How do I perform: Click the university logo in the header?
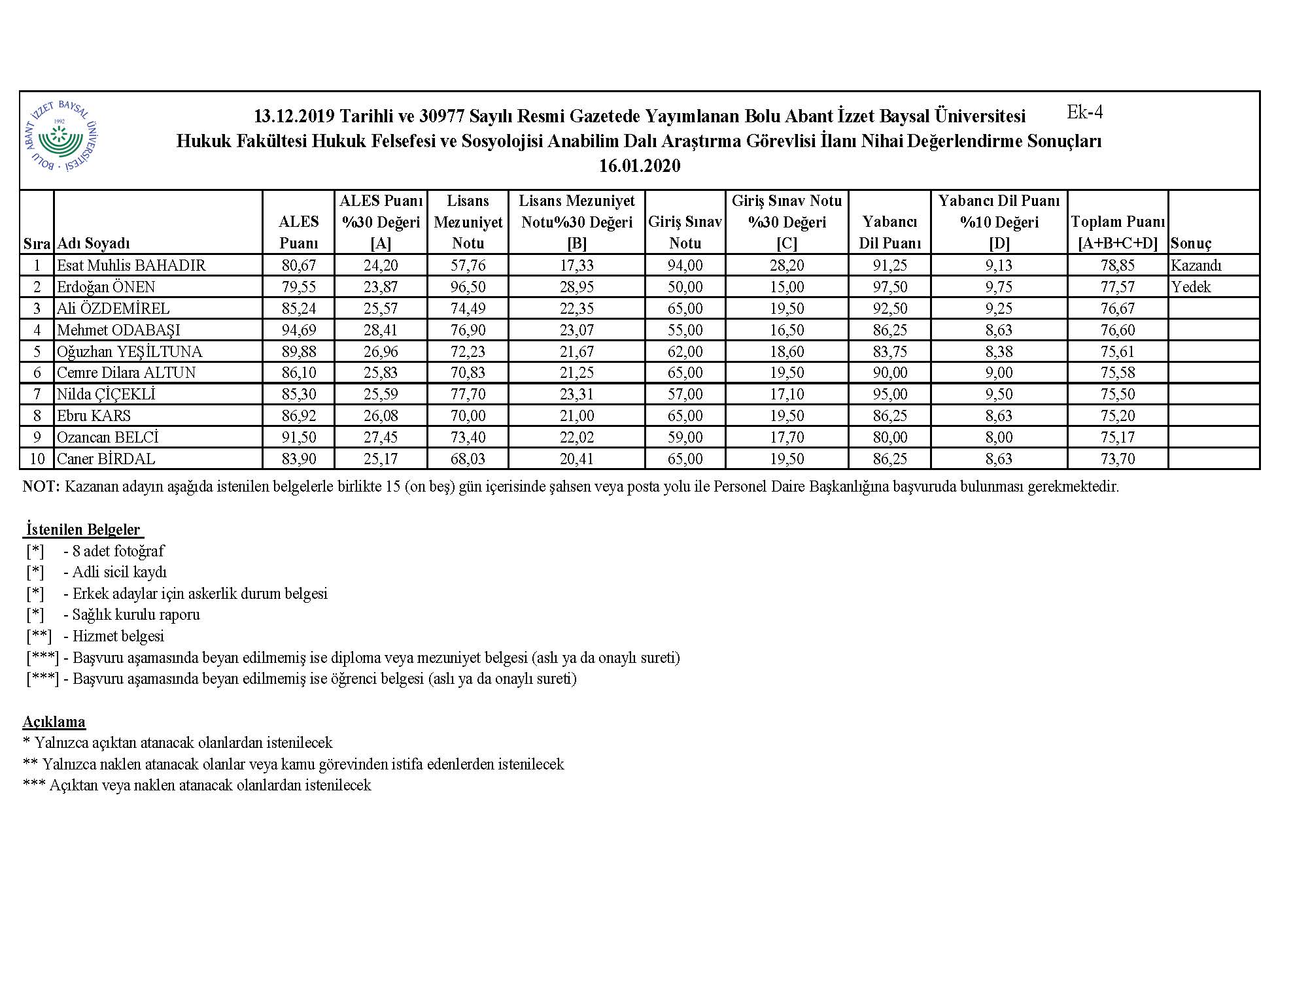pyautogui.click(x=61, y=137)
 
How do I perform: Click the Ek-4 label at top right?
pyautogui.click(x=1084, y=112)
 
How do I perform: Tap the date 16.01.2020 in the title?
pyautogui.click(x=639, y=166)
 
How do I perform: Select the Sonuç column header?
pyautogui.click(x=1191, y=244)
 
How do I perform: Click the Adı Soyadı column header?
pyautogui.click(x=94, y=244)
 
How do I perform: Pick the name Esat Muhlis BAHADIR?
pyautogui.click(x=131, y=265)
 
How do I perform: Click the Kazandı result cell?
pyautogui.click(x=1196, y=265)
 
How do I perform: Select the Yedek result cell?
pyautogui.click(x=1191, y=287)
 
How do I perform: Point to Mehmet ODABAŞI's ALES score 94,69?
pyautogui.click(x=298, y=330)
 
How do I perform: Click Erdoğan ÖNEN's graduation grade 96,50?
pyautogui.click(x=468, y=287)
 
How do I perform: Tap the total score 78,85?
pyautogui.click(x=1117, y=265)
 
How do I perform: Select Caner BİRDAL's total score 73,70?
pyautogui.click(x=1117, y=459)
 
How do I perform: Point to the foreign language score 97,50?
pyautogui.click(x=889, y=287)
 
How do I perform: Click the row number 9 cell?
pyautogui.click(x=37, y=437)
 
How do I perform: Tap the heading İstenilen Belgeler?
pyautogui.click(x=83, y=530)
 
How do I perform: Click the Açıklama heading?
pyautogui.click(x=54, y=722)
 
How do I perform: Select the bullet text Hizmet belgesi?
pyautogui.click(x=118, y=636)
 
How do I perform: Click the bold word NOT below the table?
pyautogui.click(x=41, y=487)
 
